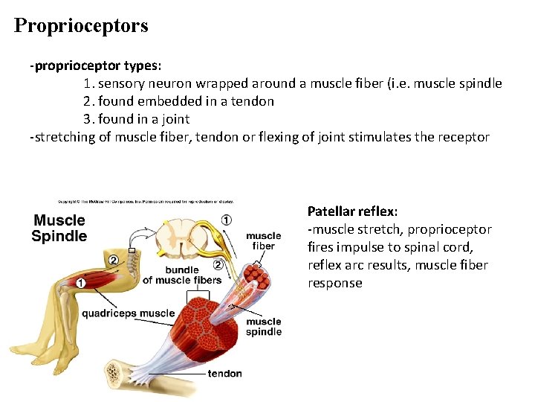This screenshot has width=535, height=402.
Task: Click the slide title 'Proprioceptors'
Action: coord(81,26)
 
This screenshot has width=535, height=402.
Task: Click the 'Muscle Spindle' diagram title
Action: coord(59,228)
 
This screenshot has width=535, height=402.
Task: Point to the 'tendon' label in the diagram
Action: coord(224,373)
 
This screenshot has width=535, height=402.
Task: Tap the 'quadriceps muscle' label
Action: coord(128,313)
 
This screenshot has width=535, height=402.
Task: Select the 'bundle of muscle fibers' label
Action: coord(181,275)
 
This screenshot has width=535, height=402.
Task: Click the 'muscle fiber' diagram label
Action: coord(263,241)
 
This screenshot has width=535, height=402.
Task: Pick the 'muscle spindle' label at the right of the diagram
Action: coord(264,327)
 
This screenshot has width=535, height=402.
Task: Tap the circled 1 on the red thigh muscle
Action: coord(80,282)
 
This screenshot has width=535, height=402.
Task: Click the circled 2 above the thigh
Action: coord(114,260)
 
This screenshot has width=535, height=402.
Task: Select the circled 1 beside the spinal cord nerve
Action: coord(226,220)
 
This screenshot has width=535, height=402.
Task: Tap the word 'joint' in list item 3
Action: coord(175,119)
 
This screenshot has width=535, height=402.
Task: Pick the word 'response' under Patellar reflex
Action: coord(335,283)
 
